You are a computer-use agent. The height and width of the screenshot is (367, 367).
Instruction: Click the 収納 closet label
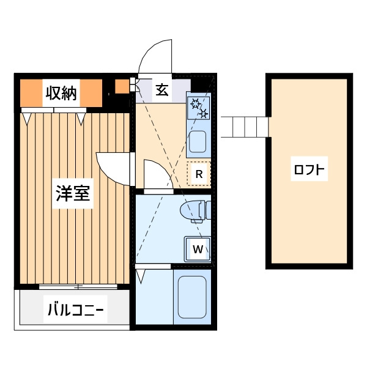[61, 94]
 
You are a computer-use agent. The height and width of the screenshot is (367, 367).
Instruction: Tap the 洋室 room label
[73, 193]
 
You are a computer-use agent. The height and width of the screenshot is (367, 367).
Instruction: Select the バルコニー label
[75, 309]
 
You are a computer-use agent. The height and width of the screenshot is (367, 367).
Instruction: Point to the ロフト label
[309, 169]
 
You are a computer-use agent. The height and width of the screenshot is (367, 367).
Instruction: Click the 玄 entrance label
[162, 90]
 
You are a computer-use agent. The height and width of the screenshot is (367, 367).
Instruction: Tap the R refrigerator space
[199, 174]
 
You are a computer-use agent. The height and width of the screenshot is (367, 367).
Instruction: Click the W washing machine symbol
[198, 250]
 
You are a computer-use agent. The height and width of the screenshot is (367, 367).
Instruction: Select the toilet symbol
[196, 211]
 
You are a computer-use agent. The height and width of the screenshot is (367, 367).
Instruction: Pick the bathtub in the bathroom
[192, 297]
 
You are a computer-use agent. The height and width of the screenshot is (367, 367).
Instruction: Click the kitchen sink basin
[198, 141]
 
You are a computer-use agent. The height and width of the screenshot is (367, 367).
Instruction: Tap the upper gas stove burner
[195, 103]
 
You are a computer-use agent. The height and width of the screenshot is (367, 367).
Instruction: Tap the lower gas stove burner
[204, 114]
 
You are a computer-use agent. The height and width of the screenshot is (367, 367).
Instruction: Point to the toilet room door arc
[164, 168]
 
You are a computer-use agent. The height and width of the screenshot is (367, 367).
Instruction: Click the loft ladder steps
[245, 127]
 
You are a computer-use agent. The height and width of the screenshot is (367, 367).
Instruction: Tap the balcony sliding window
[78, 286]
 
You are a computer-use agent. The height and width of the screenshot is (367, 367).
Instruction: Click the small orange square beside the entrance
[122, 86]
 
